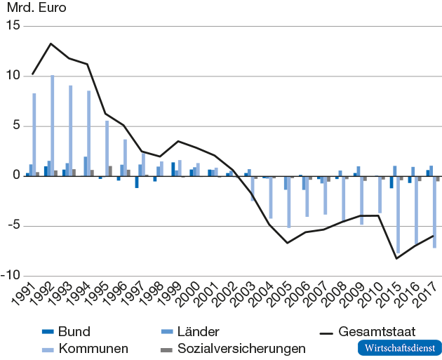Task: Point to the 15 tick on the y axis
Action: [x=13, y=26]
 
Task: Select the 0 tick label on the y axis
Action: [x=15, y=176]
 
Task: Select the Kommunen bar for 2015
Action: [x=399, y=215]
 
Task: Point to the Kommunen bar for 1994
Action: [x=89, y=133]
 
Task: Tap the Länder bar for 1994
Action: [x=86, y=166]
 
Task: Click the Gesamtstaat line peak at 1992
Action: [x=51, y=44]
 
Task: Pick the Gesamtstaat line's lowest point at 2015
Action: [x=397, y=259]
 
